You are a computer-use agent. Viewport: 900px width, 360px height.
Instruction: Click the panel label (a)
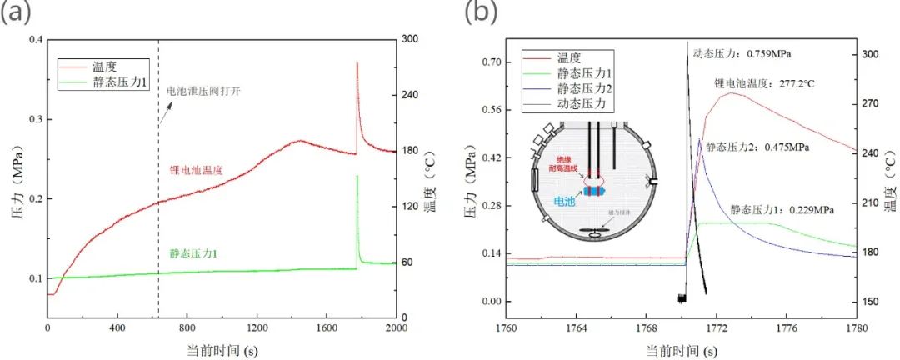tap(18, 12)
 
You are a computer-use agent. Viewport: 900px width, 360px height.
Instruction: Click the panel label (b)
tap(482, 12)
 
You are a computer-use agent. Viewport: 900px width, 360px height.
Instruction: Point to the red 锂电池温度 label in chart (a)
tap(194, 170)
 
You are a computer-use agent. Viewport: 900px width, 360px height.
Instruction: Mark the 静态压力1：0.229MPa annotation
tap(782, 210)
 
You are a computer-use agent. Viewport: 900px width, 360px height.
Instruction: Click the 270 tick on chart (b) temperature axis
tap(870, 103)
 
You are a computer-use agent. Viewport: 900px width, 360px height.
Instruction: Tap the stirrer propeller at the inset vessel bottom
tap(594, 235)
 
